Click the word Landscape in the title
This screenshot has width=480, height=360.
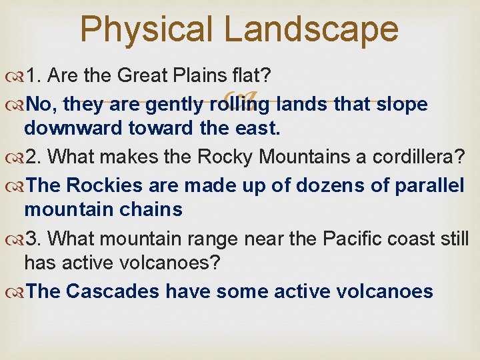pos(311,30)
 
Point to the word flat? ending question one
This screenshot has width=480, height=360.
pos(269,76)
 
